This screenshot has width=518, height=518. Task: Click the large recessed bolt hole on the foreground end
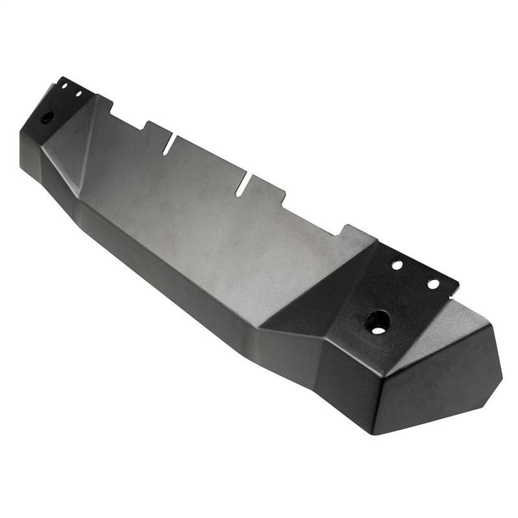(x=377, y=321)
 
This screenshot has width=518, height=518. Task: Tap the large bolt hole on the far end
(x=47, y=118)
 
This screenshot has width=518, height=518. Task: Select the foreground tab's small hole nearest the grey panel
(x=397, y=265)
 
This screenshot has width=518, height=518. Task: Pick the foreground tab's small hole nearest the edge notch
(x=433, y=284)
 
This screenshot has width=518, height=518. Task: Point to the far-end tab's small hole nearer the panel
(x=78, y=94)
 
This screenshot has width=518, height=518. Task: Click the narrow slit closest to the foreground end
(x=243, y=184)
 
